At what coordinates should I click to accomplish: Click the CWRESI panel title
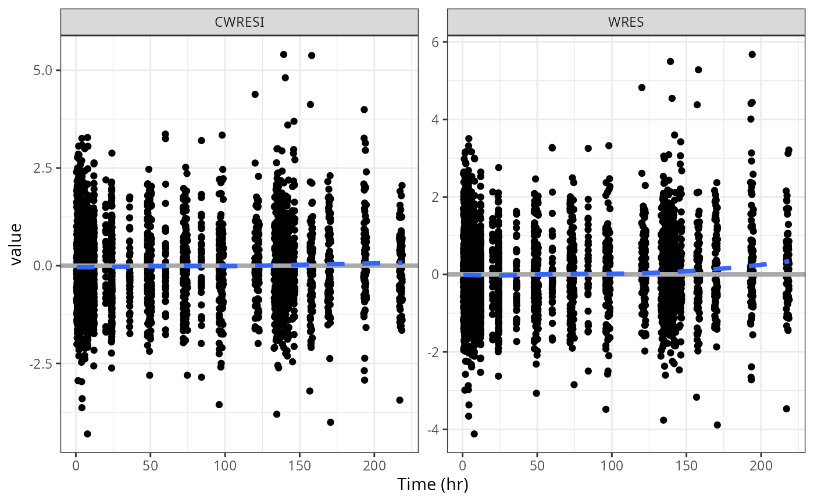(239, 22)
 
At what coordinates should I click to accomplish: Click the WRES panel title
(626, 22)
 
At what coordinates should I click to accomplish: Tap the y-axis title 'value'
(16, 244)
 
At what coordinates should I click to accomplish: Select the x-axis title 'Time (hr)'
(433, 484)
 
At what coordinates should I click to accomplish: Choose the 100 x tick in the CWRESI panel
(225, 466)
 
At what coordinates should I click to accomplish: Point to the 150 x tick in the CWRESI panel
(299, 466)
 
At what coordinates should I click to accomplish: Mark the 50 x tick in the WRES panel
(537, 466)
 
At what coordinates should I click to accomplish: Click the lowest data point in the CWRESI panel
(87, 434)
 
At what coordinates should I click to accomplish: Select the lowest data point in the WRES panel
(474, 434)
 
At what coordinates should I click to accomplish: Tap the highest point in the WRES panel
(752, 54)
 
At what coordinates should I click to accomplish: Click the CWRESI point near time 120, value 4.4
(255, 94)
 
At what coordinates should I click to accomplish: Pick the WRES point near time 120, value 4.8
(642, 88)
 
